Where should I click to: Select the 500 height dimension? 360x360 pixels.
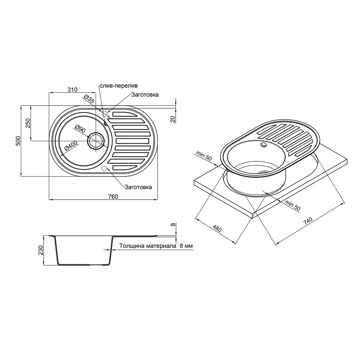[x=18, y=141]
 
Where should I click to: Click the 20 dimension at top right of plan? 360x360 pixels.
[x=173, y=119]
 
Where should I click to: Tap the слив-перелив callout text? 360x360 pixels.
[x=118, y=86]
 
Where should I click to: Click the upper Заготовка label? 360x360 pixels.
[x=144, y=95]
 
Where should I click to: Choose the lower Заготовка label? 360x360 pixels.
[x=138, y=187]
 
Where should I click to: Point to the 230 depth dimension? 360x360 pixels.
[x=40, y=250]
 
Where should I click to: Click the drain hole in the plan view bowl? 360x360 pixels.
[x=96, y=141]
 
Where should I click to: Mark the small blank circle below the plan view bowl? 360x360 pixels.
[x=105, y=168]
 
